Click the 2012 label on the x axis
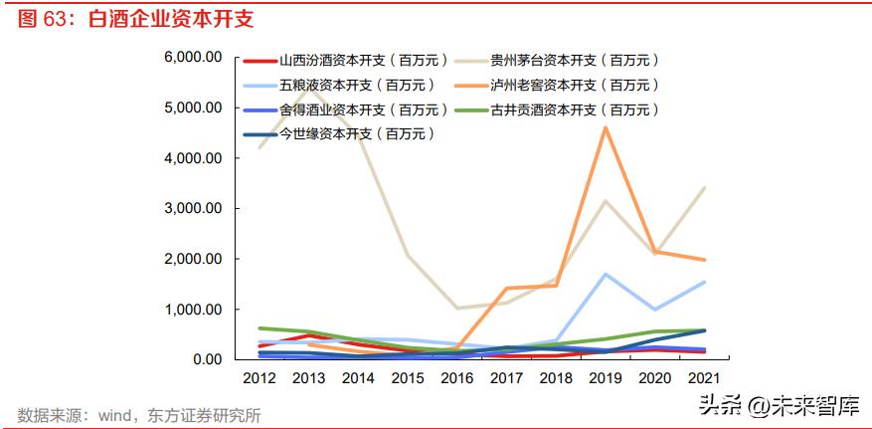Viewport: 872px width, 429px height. coord(258,379)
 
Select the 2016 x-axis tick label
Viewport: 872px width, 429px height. coord(456,379)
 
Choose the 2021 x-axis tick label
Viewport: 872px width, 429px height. coord(705,379)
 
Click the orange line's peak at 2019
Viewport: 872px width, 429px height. coord(606,127)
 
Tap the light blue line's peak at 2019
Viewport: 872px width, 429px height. coord(606,274)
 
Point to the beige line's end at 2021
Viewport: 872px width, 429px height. coord(705,188)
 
